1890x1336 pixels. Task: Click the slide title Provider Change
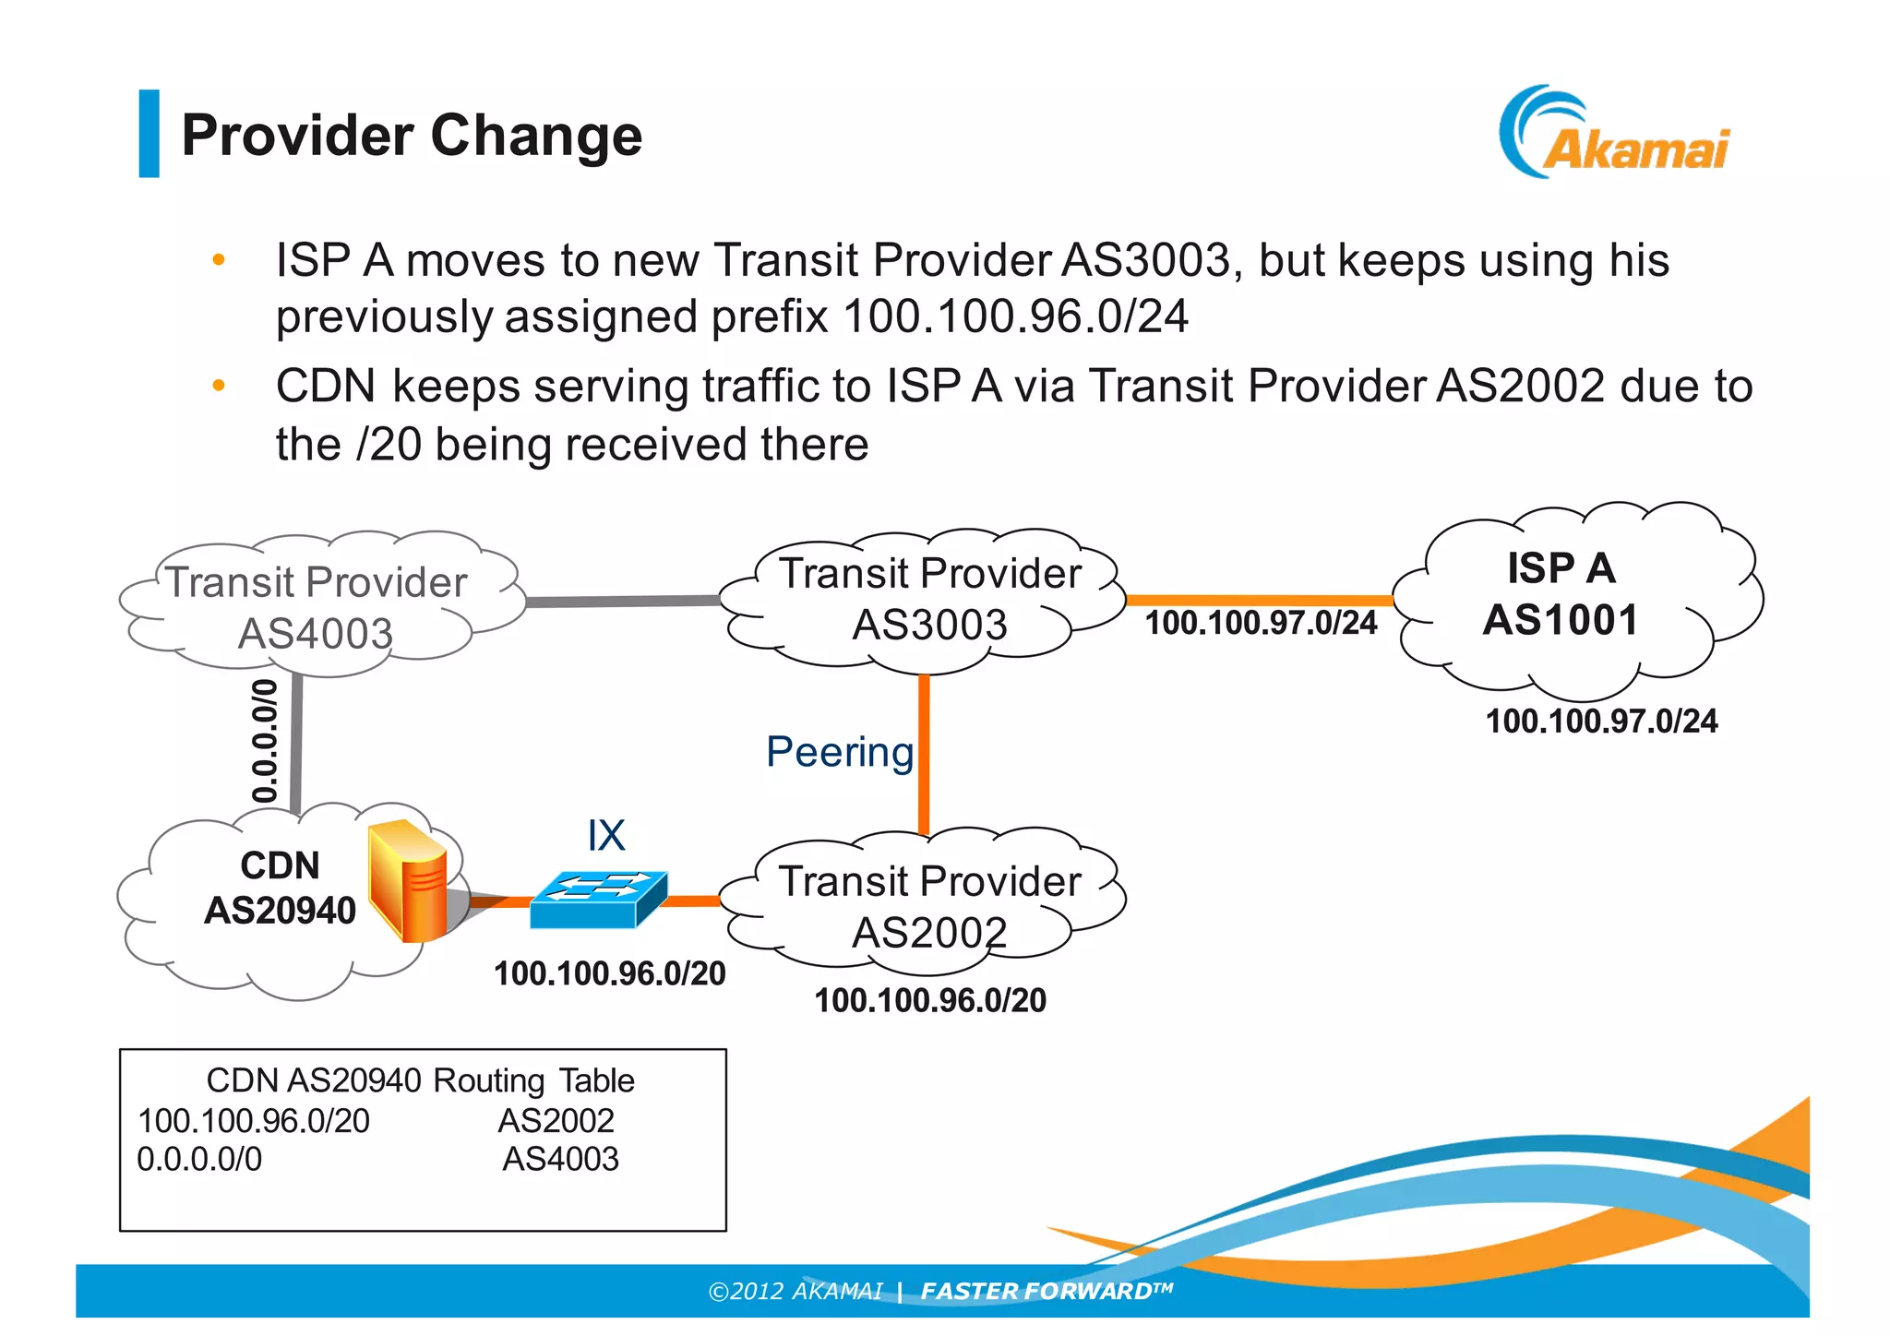(x=412, y=136)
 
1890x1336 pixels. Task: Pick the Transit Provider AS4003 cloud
(x=317, y=607)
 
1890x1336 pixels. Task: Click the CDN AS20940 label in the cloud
(x=280, y=888)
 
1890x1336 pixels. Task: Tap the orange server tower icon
(x=409, y=881)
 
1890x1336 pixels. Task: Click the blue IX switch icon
(x=598, y=899)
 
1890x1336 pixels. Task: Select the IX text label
(x=606, y=836)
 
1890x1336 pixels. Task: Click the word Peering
(x=839, y=752)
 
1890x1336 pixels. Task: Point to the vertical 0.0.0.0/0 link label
(x=265, y=741)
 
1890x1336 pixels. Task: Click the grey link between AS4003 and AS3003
(x=623, y=602)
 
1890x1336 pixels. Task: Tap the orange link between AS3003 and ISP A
(x=1259, y=600)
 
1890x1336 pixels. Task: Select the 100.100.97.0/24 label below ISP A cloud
(x=1601, y=722)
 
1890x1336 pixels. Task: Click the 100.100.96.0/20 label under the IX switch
(x=609, y=974)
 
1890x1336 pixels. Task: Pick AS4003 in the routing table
(x=560, y=1159)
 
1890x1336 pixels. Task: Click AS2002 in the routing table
(x=556, y=1121)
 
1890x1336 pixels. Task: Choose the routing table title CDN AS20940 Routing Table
(x=420, y=1080)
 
